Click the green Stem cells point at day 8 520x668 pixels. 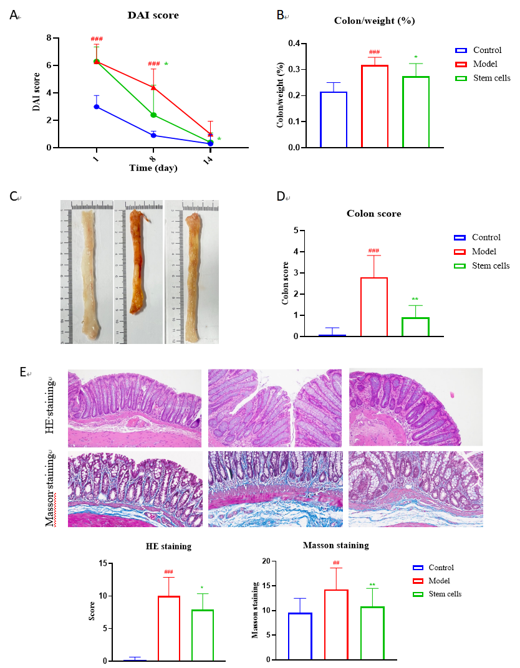point(153,115)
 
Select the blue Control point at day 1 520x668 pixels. point(97,107)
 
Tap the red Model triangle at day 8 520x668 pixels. point(153,87)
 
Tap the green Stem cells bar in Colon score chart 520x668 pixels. point(415,327)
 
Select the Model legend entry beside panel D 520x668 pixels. point(484,252)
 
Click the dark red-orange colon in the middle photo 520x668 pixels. point(137,262)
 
